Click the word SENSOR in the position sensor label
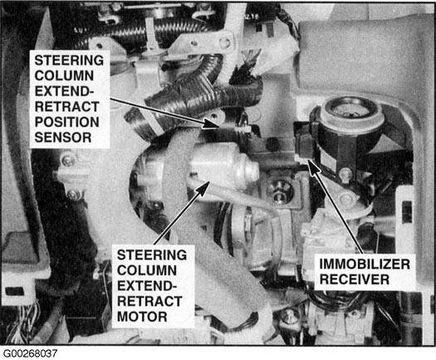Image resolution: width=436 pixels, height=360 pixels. (63, 137)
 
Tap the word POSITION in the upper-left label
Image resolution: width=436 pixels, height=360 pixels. (66, 122)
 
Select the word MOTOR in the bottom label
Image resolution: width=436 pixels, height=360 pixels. (142, 317)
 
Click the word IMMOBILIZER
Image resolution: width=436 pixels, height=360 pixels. (365, 264)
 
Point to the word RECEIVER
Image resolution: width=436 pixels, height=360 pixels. (355, 279)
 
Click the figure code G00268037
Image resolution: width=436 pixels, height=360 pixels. (30, 353)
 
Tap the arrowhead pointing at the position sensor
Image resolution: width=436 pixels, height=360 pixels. (210, 123)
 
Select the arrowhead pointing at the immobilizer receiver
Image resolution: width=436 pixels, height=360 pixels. (313, 166)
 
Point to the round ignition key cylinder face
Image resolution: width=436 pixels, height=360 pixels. (351, 111)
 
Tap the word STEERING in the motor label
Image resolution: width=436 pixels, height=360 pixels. (152, 255)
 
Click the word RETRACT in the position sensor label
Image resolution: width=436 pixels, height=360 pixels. (66, 106)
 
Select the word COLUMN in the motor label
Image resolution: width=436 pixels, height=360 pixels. (147, 270)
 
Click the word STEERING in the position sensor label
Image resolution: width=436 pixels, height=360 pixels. (69, 61)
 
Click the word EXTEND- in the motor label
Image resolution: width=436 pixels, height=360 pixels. (147, 286)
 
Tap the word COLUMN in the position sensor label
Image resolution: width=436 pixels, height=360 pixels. (64, 76)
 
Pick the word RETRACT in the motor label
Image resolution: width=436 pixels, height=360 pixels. (149, 301)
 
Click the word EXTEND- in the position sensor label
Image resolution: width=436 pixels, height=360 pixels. (64, 91)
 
